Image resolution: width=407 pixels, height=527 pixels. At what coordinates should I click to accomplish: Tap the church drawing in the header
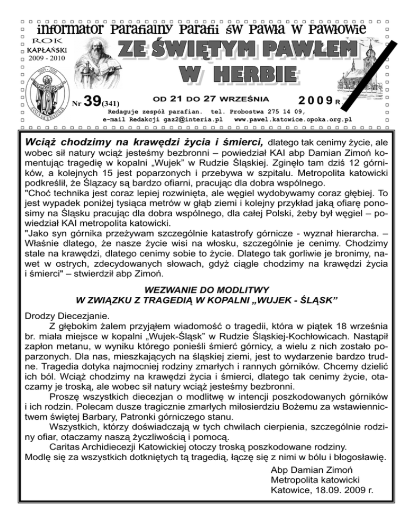[361, 72]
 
